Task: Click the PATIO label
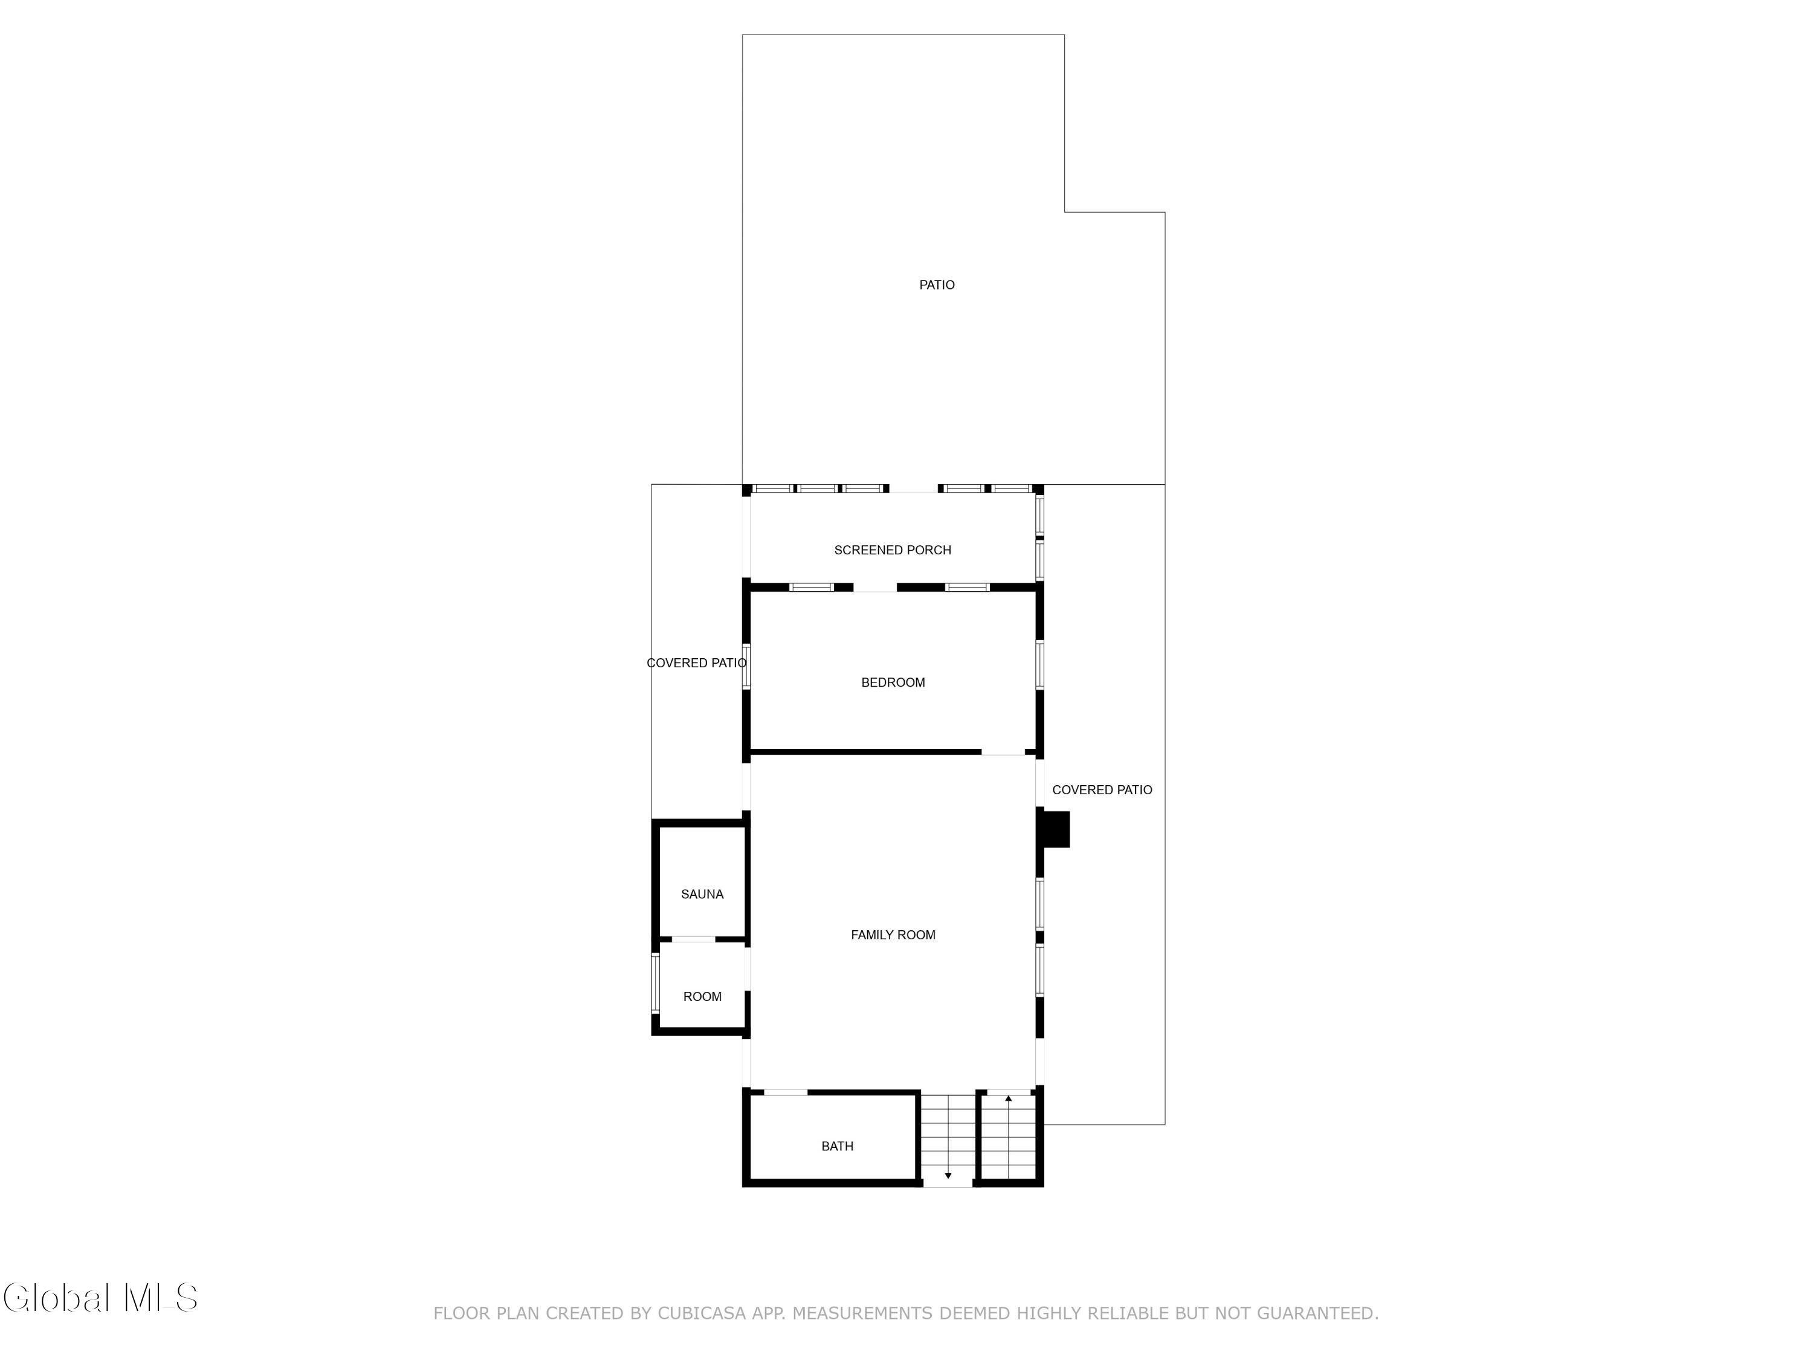(x=936, y=285)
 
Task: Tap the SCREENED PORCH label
(x=893, y=550)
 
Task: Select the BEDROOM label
(x=893, y=682)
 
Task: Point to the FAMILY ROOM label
(x=893, y=934)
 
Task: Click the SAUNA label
(x=702, y=895)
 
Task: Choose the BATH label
(x=837, y=1146)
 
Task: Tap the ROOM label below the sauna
(x=702, y=997)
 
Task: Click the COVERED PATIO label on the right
(x=1102, y=790)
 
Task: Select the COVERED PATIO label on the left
(x=697, y=663)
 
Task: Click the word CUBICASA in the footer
(x=702, y=1313)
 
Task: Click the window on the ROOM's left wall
(x=655, y=982)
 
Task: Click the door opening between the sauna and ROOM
(x=693, y=939)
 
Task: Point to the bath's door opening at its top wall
(x=785, y=1093)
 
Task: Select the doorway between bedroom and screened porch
(x=875, y=588)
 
